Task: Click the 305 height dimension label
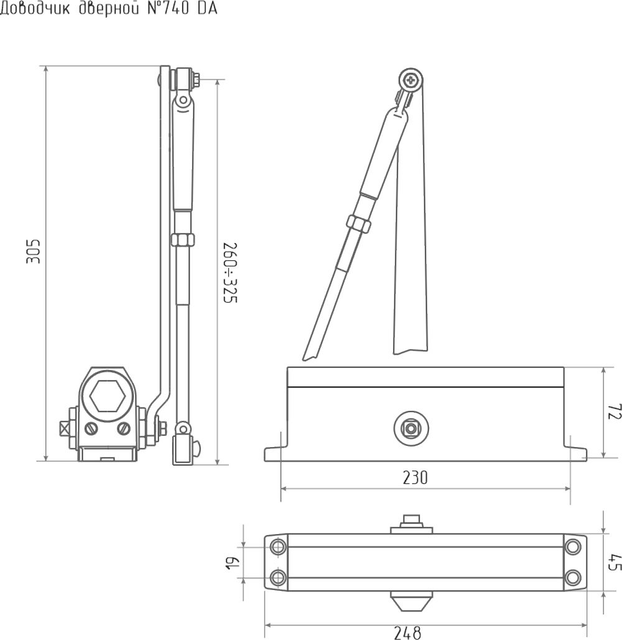[x=34, y=252]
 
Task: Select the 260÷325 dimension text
[x=230, y=273]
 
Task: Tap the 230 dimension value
[x=415, y=478]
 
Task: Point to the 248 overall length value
[x=407, y=633]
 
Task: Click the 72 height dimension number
[x=614, y=412]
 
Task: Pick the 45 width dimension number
[x=615, y=562]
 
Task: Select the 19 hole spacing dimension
[x=233, y=562]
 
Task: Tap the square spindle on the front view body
[x=411, y=428]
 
